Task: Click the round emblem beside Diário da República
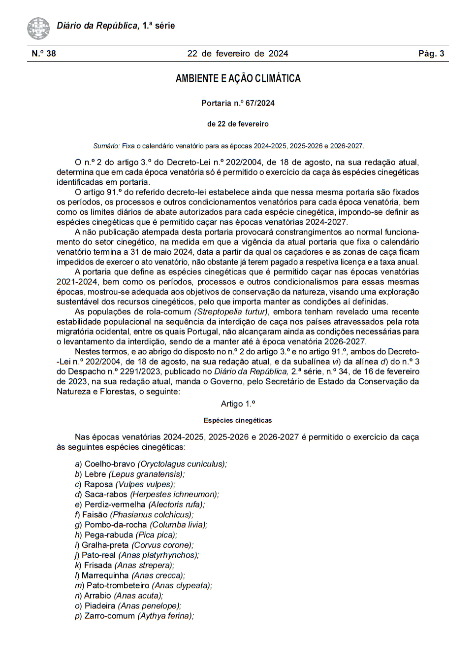(38, 28)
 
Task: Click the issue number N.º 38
(44, 54)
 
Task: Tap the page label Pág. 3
(431, 54)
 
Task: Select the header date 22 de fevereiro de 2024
(238, 54)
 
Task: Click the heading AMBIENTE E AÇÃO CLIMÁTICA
(238, 78)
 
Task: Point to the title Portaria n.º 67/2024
(238, 103)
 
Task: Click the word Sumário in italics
(106, 146)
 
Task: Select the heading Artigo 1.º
(238, 404)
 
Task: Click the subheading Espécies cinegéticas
(238, 420)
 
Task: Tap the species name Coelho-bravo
(110, 464)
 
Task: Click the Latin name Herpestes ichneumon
(174, 494)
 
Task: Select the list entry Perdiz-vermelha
(115, 504)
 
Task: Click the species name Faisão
(95, 515)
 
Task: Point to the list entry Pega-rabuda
(109, 535)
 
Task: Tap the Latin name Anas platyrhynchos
(158, 555)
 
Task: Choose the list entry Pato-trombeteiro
(118, 586)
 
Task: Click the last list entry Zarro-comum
(109, 616)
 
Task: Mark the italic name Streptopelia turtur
(231, 312)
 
